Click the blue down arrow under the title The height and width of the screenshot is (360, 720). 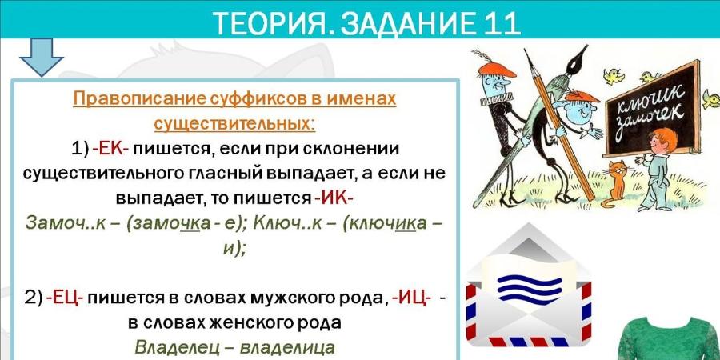pos(42,57)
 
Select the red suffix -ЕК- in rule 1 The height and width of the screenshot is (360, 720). pos(111,150)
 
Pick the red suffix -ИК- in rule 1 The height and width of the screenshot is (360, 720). pos(334,198)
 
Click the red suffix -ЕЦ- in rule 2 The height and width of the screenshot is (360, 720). pos(64,298)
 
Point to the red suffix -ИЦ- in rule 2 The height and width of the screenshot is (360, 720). pos(411,298)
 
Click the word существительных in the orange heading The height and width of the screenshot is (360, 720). pos(234,124)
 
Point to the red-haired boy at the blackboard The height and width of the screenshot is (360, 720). pos(657,169)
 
